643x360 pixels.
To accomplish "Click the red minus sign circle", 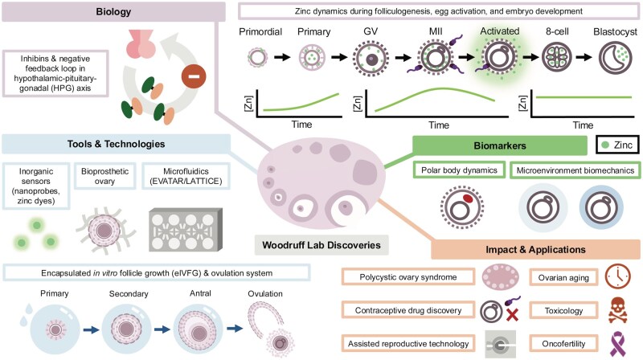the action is point(194,76).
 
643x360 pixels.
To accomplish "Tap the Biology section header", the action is point(113,11).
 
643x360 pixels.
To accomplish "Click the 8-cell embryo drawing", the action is point(557,57).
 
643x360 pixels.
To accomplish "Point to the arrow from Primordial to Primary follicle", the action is point(282,57).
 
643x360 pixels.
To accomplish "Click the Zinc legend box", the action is point(617,145).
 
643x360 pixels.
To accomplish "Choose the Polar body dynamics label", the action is point(459,170).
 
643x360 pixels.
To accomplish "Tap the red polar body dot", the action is point(468,198).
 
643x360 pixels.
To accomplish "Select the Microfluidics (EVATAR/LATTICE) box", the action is point(186,176).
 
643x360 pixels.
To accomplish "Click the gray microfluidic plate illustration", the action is point(186,230).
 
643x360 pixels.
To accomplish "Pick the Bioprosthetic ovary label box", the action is point(104,176).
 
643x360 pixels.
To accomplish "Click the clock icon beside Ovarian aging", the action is point(617,276).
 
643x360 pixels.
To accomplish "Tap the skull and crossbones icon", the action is point(617,310).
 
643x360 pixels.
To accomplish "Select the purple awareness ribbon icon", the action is point(618,344).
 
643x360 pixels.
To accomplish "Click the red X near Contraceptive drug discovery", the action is point(512,314).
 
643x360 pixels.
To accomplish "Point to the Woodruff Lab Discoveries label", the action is point(321,245).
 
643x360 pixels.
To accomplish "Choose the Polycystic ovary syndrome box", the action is point(408,276).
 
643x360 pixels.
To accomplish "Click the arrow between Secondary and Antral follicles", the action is point(162,329).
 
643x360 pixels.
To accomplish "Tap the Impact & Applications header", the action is point(535,249).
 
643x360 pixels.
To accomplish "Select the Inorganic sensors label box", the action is point(36,186).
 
